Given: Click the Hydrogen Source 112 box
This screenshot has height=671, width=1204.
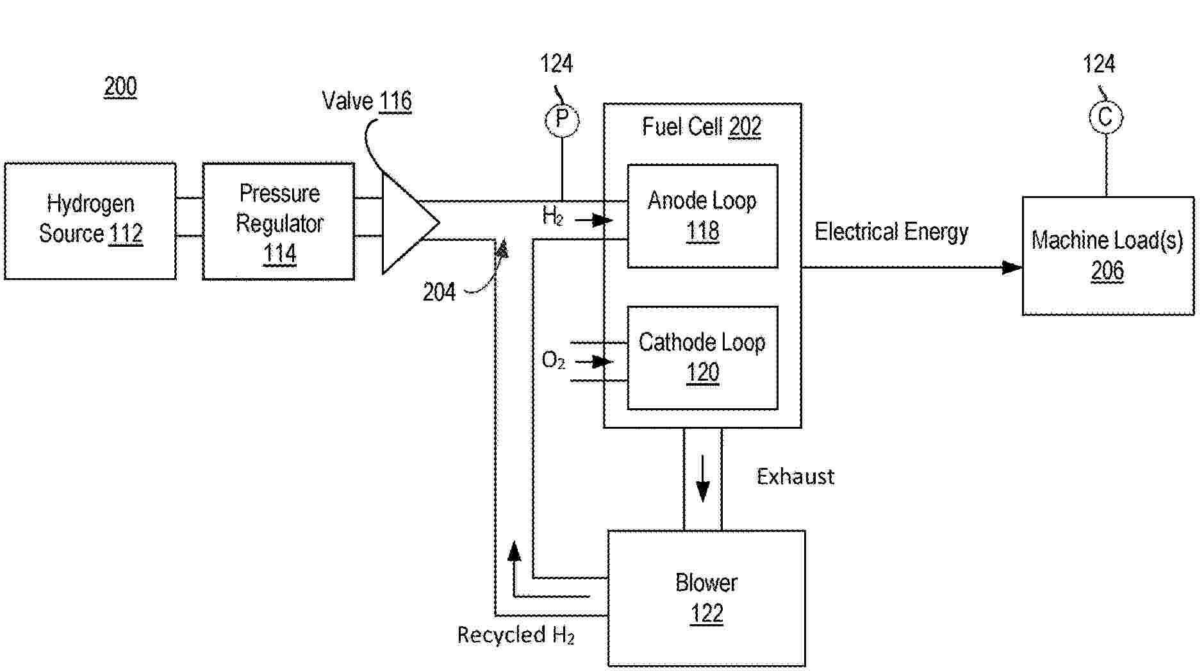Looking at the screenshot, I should click(90, 220).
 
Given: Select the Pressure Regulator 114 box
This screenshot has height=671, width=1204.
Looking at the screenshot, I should click(279, 221).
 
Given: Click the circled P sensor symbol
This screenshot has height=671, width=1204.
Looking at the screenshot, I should click(562, 120).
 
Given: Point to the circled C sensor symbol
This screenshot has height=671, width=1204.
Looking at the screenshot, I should click(1105, 117).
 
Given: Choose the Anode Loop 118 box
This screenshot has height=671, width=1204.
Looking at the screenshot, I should click(702, 216).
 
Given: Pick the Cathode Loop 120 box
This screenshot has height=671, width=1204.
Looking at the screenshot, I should click(702, 358).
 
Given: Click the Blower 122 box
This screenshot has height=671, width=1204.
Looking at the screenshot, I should click(706, 598).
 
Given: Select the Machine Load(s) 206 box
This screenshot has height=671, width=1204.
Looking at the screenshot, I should click(1108, 256).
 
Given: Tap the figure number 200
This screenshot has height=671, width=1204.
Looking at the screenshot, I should click(120, 87).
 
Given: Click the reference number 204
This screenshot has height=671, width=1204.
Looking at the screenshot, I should click(439, 292).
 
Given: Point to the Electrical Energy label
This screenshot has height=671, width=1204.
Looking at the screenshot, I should click(891, 231).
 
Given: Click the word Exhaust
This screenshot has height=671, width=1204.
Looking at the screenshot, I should click(795, 476).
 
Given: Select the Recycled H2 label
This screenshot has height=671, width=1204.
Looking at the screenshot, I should click(516, 635).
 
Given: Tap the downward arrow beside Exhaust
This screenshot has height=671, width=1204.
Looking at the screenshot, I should click(703, 479).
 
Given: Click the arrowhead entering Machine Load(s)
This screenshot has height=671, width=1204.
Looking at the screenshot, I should click(1012, 267).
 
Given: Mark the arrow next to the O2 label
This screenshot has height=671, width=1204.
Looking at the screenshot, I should click(594, 361).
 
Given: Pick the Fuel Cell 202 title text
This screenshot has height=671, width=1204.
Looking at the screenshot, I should click(702, 127).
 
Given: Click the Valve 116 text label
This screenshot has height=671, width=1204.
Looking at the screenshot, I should click(367, 101).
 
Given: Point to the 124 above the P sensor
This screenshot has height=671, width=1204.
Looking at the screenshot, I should click(556, 64).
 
